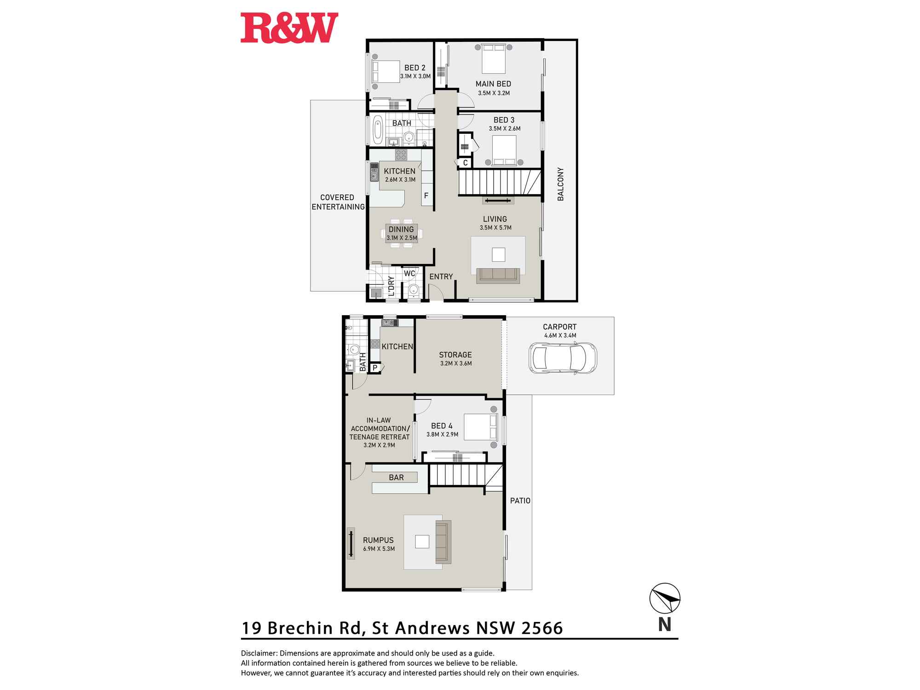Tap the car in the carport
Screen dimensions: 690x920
tap(563, 358)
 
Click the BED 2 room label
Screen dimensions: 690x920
tap(415, 68)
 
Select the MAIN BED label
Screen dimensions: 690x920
tap(493, 84)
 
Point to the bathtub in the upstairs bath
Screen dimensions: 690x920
tap(378, 129)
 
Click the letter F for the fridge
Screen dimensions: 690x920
tap(426, 195)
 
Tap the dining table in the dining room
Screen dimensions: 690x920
tap(401, 233)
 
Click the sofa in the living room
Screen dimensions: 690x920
tap(498, 275)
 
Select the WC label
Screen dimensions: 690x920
tap(409, 273)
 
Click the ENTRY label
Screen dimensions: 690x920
tap(441, 276)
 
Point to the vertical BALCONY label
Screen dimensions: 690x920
tap(560, 184)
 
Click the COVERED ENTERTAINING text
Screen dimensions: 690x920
tap(338, 202)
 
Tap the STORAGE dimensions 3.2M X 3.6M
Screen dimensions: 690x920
tap(456, 363)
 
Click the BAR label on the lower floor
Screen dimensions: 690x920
tap(396, 477)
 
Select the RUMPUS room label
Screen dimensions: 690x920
tap(378, 540)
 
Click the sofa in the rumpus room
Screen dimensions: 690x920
tap(443, 542)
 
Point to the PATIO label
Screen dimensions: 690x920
tap(520, 500)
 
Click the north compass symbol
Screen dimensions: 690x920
tap(665, 598)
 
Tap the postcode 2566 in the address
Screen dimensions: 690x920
tap(542, 628)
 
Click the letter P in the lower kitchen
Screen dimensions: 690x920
tap(375, 368)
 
